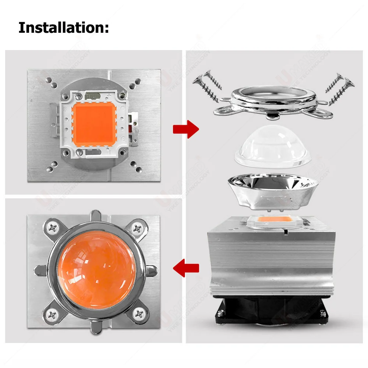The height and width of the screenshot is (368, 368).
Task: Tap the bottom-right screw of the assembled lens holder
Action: (139, 314)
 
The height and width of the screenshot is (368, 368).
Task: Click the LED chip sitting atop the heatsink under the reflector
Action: (272, 222)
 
